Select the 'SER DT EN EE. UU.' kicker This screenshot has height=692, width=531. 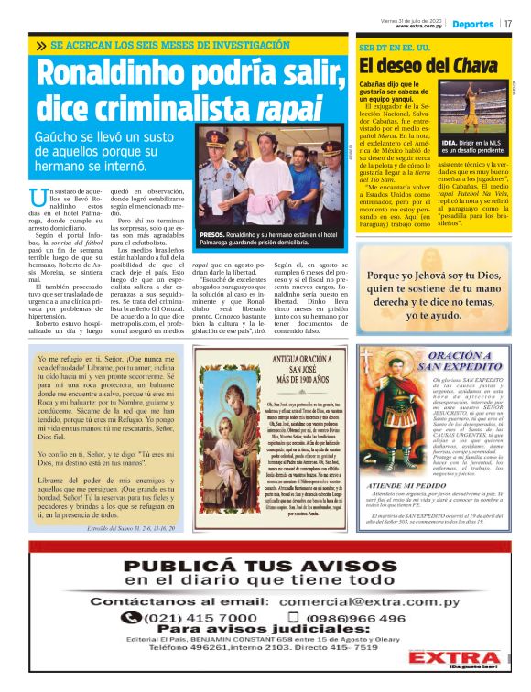coord(396,45)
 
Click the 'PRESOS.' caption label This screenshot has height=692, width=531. coord(216,234)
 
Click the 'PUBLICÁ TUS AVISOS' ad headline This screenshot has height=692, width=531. coord(265,562)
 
